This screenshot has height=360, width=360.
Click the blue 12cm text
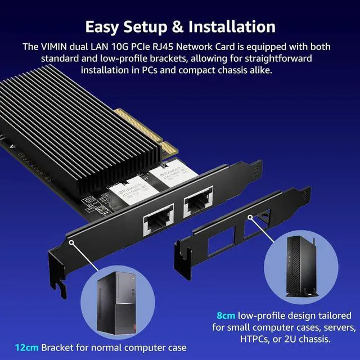(26, 347)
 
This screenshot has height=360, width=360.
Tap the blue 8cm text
(226, 315)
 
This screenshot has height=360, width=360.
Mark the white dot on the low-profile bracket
(249, 217)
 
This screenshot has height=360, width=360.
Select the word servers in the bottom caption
(335, 327)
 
